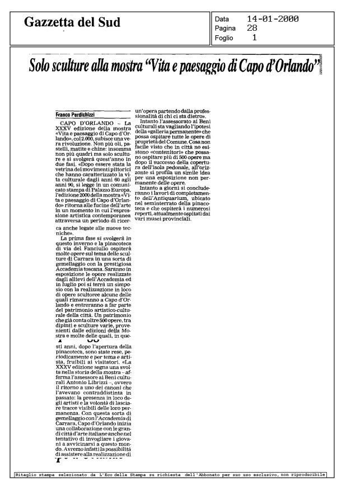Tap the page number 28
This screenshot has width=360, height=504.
pyautogui.click(x=253, y=29)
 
